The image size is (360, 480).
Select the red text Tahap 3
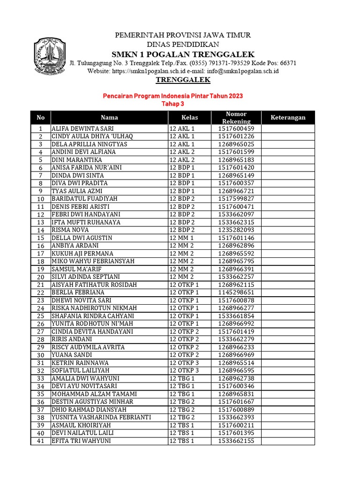[172, 104]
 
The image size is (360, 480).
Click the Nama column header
[109, 118]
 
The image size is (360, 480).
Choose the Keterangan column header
[288, 118]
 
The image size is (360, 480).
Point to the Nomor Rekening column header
[236, 118]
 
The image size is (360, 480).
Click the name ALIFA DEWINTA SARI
[82, 128]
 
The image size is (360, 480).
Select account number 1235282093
[236, 230]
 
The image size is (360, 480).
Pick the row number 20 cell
[41, 277]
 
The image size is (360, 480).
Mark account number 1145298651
[236, 292]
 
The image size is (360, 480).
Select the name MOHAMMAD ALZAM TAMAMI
[94, 394]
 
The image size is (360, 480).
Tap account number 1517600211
[236, 425]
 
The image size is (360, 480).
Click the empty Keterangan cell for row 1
[288, 128]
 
